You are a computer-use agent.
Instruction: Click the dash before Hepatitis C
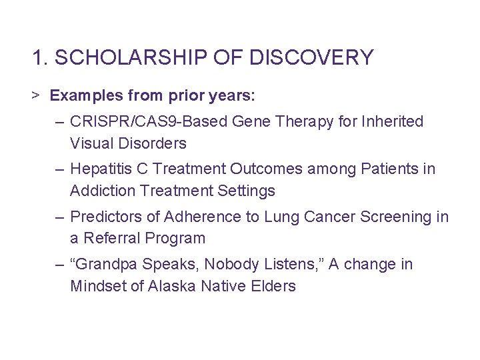coord(61,169)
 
